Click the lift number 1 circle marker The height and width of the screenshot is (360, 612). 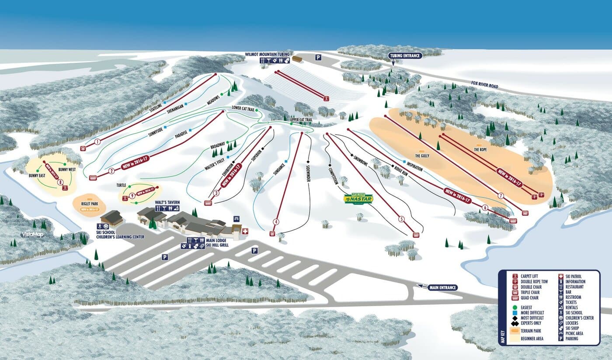tap(97, 142)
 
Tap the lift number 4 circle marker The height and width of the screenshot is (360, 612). tap(275, 222)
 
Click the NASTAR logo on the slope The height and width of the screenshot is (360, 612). tap(358, 199)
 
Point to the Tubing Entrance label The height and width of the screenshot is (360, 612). tap(405, 55)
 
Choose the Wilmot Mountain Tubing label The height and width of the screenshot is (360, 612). tap(267, 54)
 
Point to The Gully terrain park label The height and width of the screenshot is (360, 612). tap(422, 155)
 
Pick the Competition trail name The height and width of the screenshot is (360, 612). tap(333, 173)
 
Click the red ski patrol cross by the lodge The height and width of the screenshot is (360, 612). tap(245, 231)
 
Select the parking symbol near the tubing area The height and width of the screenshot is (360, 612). tap(318, 57)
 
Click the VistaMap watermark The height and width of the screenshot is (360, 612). tap(33, 235)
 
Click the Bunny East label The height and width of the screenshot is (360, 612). tap(38, 175)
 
